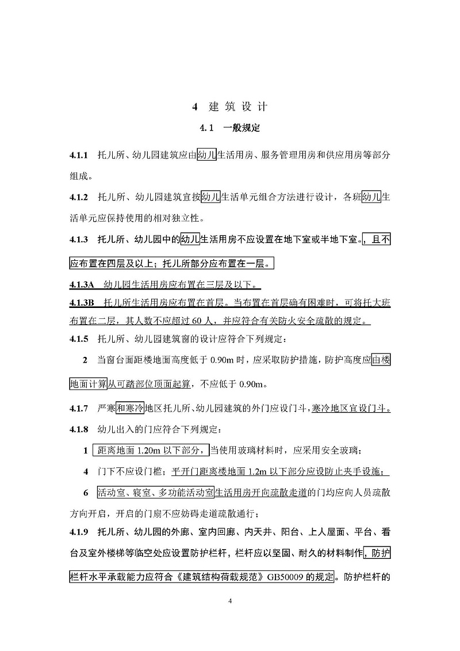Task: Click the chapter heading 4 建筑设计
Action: (x=229, y=107)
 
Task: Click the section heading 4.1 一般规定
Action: (x=229, y=128)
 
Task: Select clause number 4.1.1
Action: (x=78, y=155)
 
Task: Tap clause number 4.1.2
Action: (x=78, y=197)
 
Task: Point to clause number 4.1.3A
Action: (x=81, y=284)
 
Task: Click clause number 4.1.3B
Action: (x=81, y=302)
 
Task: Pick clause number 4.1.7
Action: (x=78, y=409)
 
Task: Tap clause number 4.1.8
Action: (x=78, y=429)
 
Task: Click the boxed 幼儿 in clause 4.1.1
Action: (x=206, y=155)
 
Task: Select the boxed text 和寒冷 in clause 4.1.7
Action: (x=130, y=409)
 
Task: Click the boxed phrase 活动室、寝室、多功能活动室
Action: (x=155, y=493)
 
